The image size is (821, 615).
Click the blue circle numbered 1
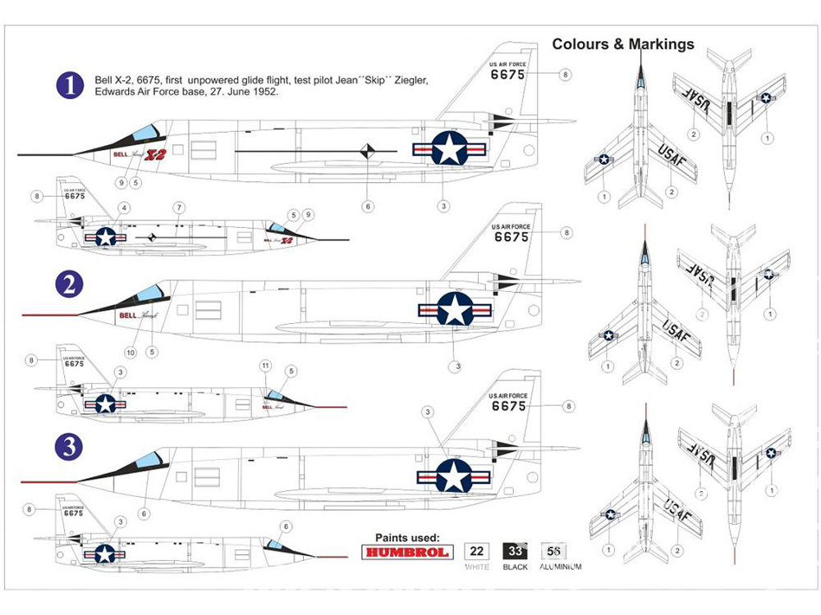[71, 86]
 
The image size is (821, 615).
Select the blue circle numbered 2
[71, 285]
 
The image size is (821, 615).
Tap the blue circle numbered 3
[71, 447]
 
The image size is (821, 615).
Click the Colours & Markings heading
[623, 44]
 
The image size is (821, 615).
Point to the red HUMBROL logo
[407, 552]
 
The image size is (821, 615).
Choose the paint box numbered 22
[477, 552]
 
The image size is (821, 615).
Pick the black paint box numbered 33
[515, 552]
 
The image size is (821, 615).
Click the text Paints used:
[407, 537]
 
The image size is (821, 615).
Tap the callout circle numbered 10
[131, 352]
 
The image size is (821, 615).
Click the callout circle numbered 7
[178, 207]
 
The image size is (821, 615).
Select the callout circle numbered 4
[123, 207]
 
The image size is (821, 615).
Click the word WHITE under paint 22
[477, 567]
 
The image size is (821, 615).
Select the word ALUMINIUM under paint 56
[561, 567]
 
